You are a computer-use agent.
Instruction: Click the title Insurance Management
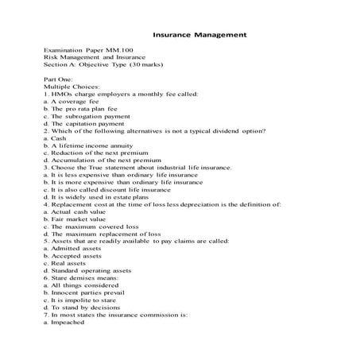point(199,36)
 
